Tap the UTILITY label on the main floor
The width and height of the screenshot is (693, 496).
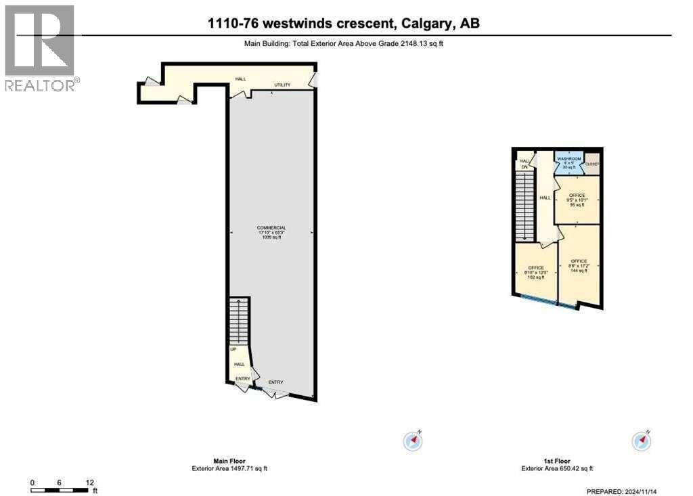(282, 85)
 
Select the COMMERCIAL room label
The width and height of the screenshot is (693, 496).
(271, 228)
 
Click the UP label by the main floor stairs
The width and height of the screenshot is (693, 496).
(233, 350)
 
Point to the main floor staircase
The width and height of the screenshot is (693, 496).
(240, 321)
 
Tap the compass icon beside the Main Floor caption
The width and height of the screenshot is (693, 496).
(413, 441)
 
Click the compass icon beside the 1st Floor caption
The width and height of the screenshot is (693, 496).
(641, 441)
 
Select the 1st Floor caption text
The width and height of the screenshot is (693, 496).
(557, 461)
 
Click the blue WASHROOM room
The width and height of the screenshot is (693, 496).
(569, 163)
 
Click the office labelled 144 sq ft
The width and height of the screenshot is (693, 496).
(579, 265)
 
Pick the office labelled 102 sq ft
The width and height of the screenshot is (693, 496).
(535, 272)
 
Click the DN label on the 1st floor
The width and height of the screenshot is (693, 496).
(524, 166)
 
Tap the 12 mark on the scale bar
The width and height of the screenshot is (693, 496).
(89, 482)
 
